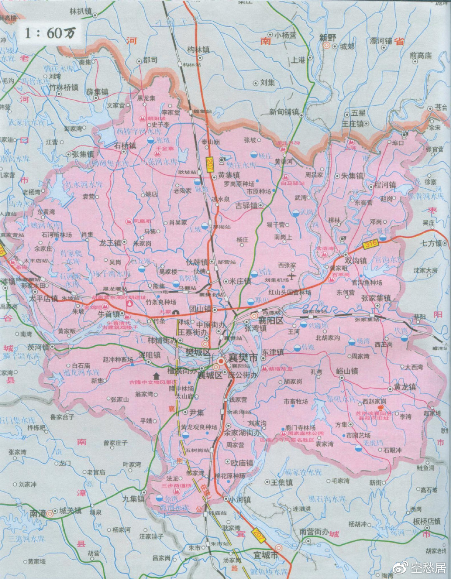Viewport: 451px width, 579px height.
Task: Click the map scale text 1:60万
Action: (50, 33)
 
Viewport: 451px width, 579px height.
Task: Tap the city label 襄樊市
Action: (243, 358)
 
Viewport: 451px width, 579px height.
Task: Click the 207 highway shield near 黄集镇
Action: (210, 162)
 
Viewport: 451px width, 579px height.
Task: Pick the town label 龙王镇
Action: (110, 243)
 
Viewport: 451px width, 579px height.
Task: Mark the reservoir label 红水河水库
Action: (83, 184)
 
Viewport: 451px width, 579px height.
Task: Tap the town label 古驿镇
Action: (249, 206)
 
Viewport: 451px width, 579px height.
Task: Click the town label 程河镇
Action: (385, 185)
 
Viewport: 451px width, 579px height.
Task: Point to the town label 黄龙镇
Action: (405, 387)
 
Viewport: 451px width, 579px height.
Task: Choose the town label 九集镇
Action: (133, 499)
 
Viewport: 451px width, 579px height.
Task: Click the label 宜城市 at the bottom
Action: (266, 556)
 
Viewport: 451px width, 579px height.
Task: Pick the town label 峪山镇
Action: (347, 371)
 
